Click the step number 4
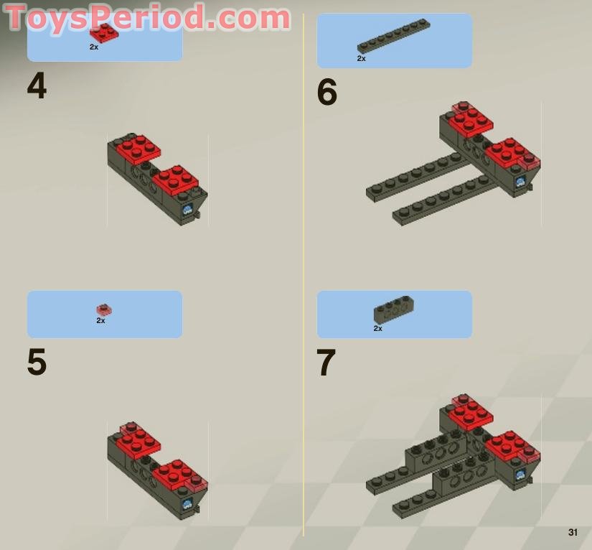click(37, 87)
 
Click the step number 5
click(37, 363)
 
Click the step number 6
click(326, 93)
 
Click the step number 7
click(326, 363)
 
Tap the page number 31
click(572, 532)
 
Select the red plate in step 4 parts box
click(104, 33)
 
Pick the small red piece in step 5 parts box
click(104, 309)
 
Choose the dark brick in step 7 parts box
click(393, 309)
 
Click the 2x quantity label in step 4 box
click(94, 47)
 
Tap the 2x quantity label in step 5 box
click(100, 321)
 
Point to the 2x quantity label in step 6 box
click(361, 59)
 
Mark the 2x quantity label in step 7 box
click(377, 328)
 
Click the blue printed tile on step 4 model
click(188, 210)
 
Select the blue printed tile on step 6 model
click(520, 182)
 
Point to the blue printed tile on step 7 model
click(520, 474)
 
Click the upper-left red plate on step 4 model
click(138, 147)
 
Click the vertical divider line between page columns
click(303, 287)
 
